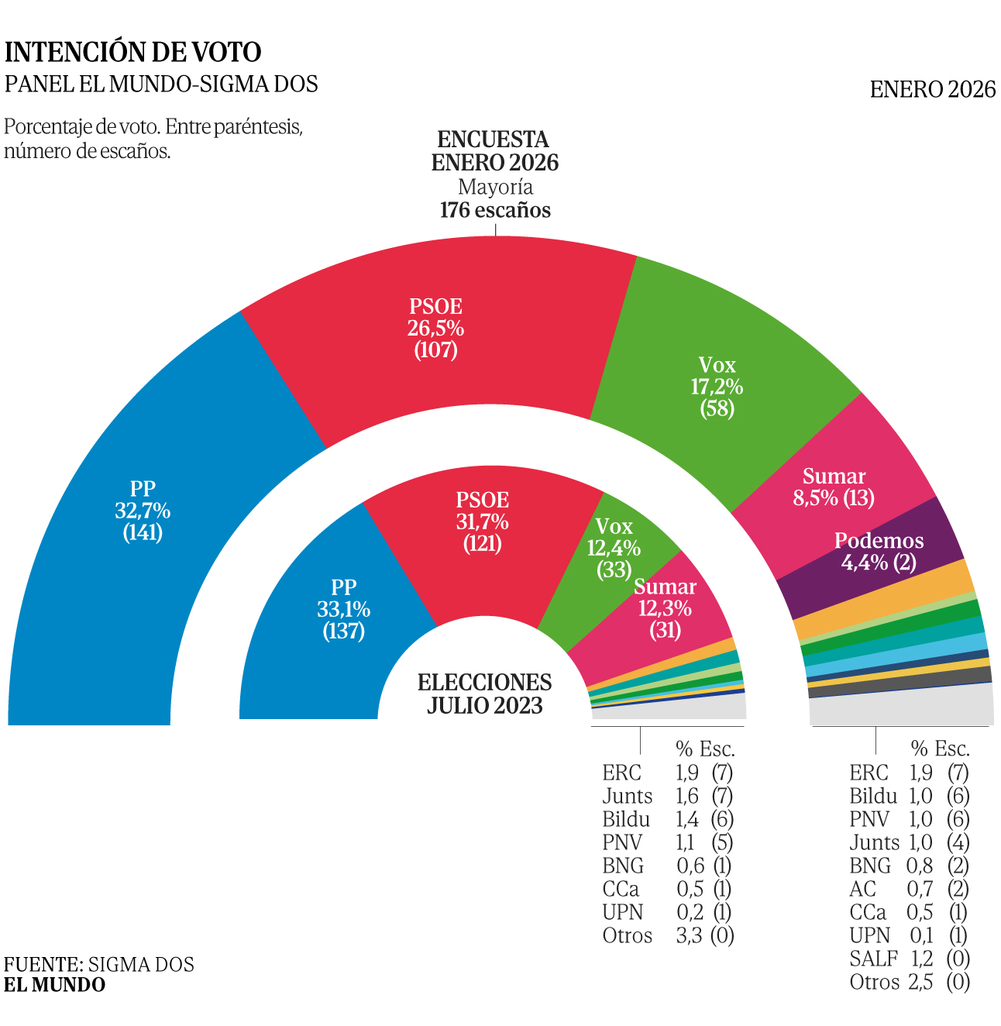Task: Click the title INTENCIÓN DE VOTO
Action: tap(133, 52)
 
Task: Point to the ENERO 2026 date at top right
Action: tap(932, 90)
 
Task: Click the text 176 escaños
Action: tap(495, 210)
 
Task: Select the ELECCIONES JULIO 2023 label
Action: tap(485, 694)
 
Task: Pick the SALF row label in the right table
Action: tap(873, 959)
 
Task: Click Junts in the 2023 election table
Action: tap(627, 796)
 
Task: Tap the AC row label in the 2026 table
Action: tap(862, 889)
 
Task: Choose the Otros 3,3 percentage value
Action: tap(689, 935)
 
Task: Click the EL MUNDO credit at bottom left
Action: tap(55, 985)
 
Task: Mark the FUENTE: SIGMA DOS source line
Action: tap(99, 964)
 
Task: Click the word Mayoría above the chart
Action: tap(495, 187)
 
